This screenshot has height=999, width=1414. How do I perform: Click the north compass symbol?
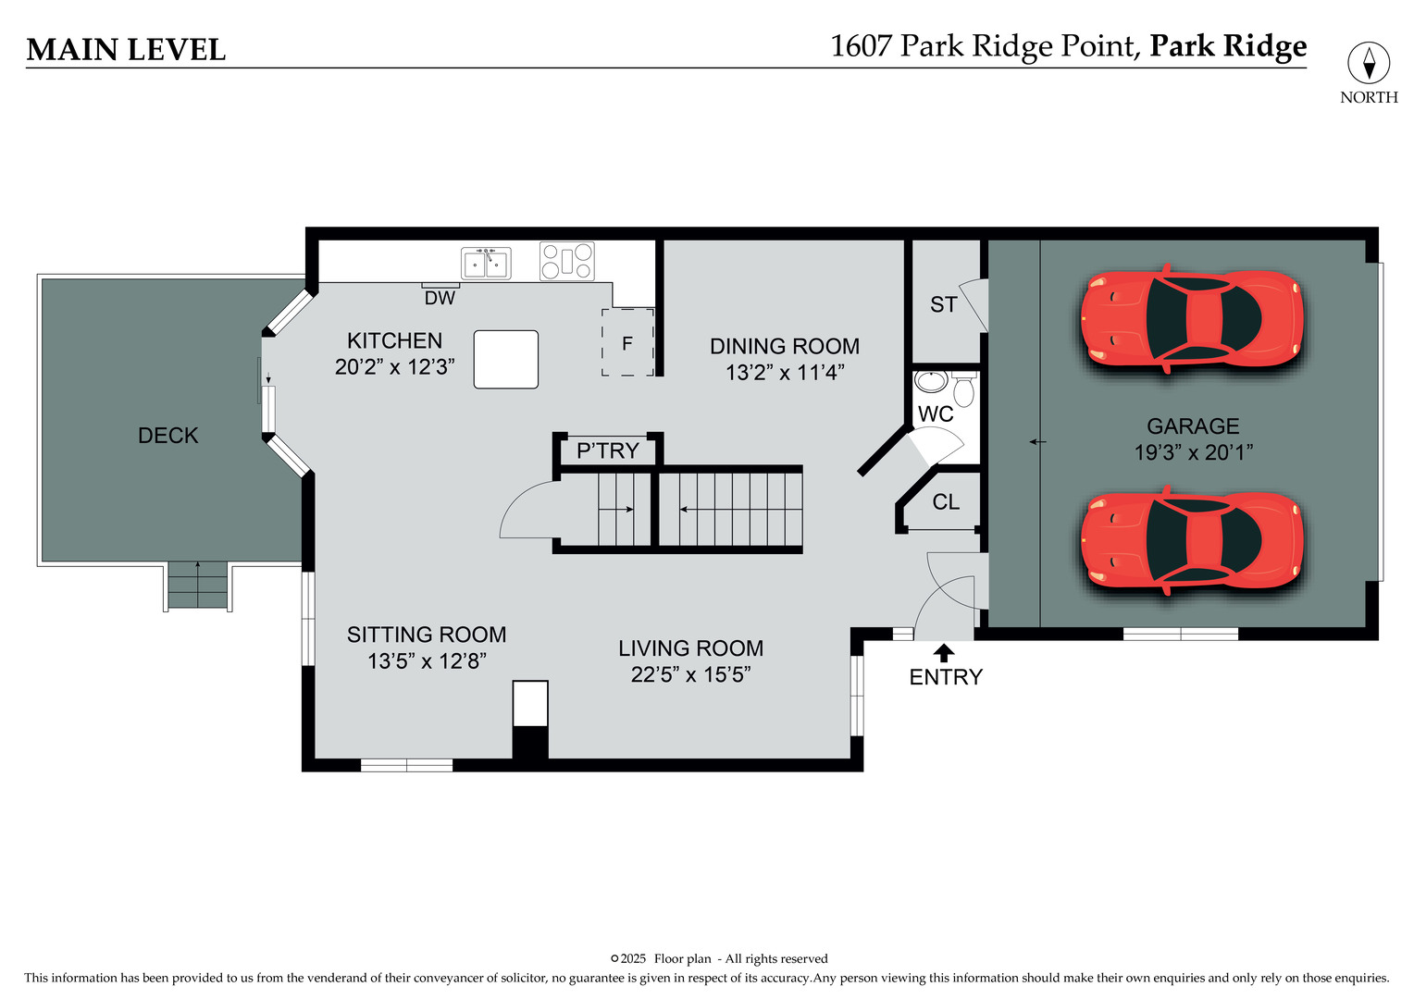(1369, 63)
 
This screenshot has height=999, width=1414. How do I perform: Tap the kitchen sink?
(486, 263)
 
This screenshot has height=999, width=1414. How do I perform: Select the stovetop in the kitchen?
(567, 261)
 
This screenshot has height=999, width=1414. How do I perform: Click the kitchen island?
(506, 359)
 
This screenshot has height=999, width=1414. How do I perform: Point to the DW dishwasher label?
(440, 298)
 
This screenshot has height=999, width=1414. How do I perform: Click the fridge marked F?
(627, 342)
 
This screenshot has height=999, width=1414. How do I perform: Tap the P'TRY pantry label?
(608, 450)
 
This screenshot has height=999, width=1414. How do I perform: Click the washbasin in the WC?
(931, 381)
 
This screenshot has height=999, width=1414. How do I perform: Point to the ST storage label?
(944, 305)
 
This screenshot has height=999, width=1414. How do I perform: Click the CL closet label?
(946, 501)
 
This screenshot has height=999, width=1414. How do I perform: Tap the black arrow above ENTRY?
(944, 652)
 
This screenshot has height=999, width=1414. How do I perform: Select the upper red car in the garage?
(1192, 319)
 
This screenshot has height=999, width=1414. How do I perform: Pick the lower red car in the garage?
(1192, 540)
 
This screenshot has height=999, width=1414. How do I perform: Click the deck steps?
(198, 585)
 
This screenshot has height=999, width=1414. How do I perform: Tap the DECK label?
(167, 436)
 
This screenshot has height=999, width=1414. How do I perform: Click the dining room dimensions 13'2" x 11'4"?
(785, 373)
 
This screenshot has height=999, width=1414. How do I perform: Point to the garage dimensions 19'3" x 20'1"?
(1193, 451)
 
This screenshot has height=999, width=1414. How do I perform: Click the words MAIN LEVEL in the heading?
(126, 50)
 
